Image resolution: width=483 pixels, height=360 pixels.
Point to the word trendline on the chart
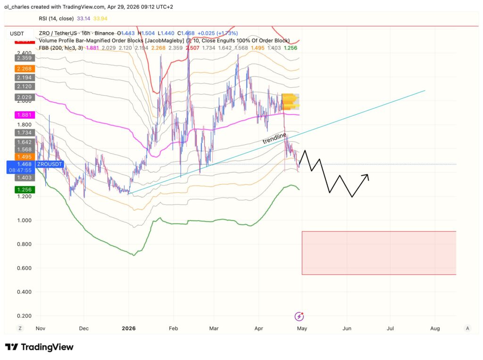[x=275, y=138]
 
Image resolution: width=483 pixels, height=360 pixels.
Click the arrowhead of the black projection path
[x=366, y=176]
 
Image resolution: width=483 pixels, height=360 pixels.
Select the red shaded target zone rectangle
[x=378, y=253]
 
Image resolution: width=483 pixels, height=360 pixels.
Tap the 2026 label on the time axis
[x=128, y=328]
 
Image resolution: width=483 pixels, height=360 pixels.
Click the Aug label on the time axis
[x=435, y=328]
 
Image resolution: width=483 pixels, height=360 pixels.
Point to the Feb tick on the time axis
[x=173, y=328]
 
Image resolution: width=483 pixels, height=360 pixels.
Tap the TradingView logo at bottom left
[x=40, y=347]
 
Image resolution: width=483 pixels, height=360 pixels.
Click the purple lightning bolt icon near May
[x=299, y=316]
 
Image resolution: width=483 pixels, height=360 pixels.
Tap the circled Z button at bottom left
[x=20, y=328]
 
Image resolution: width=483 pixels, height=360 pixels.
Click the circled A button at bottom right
[x=467, y=328]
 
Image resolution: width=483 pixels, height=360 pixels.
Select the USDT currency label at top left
[x=17, y=33]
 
